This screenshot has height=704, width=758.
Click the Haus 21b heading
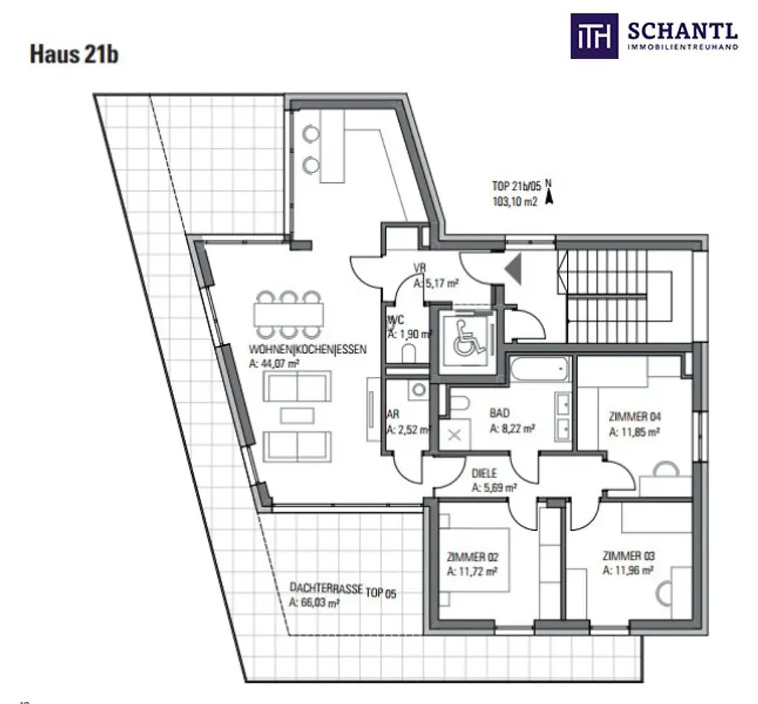click(74, 55)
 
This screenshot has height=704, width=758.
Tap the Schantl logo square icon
click(594, 35)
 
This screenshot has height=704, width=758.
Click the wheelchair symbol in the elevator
click(466, 337)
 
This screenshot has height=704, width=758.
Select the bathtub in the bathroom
click(539, 369)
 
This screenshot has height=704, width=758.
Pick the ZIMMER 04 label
click(634, 417)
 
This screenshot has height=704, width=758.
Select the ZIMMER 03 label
click(628, 556)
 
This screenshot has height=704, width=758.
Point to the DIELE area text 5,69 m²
click(494, 488)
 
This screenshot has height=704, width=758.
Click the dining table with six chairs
click(289, 315)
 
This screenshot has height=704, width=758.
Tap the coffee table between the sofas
click(297, 415)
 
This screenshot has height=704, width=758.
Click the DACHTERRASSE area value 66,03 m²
click(315, 603)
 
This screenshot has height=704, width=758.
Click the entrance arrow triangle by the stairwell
click(514, 268)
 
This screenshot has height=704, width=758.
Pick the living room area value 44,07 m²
click(274, 363)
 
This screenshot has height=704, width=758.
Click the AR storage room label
click(394, 415)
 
